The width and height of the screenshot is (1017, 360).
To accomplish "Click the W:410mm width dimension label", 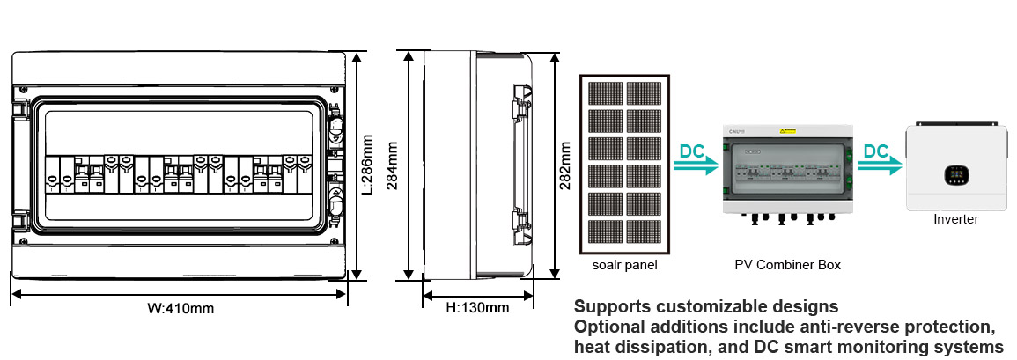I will [181, 309].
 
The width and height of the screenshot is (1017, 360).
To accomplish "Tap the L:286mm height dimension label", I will [367, 165].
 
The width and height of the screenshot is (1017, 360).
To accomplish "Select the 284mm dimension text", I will [393, 165].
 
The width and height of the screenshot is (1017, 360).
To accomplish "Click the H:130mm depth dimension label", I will [477, 307].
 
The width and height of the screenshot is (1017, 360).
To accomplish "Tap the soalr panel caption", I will [625, 265].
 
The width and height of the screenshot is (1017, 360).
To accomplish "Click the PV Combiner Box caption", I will [787, 265].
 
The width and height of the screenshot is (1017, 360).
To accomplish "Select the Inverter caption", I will [955, 219].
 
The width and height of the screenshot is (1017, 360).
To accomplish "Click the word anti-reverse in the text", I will [805, 327].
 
